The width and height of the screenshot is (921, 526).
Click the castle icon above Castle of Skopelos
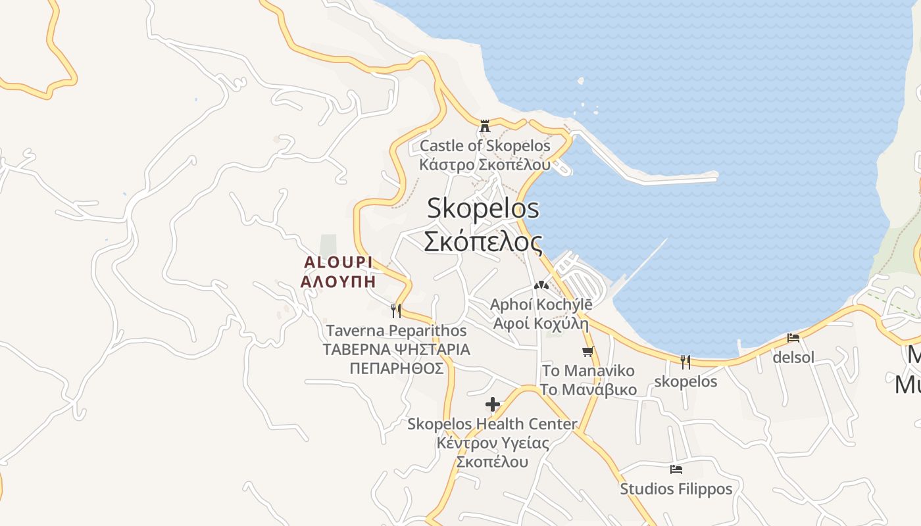point(485,126)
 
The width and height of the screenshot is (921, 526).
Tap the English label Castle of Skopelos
point(485,145)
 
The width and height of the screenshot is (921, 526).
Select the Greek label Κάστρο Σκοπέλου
point(485,164)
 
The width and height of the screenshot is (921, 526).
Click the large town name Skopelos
point(483,208)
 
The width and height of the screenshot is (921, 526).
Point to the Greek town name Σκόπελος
point(483,241)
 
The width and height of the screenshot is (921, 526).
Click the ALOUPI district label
point(338,262)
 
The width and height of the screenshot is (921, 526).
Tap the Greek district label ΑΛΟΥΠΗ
point(338,282)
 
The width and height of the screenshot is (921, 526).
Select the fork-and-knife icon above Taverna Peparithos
point(396,310)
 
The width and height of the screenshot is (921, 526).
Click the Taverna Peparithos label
point(396,330)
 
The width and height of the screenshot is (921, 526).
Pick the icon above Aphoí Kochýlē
point(541,285)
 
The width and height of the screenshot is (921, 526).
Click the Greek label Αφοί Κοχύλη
point(541,323)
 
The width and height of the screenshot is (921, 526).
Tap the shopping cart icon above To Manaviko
point(587,351)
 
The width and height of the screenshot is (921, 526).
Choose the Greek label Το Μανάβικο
point(588,390)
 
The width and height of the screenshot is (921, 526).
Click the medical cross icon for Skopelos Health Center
point(492,404)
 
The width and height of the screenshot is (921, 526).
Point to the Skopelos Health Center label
point(492,424)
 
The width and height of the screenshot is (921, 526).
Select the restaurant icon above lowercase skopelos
point(685,362)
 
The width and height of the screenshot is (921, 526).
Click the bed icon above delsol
point(793,338)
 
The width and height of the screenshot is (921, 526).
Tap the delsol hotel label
point(793,358)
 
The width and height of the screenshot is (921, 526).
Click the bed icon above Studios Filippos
point(676,469)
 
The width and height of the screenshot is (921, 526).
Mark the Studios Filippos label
point(676,489)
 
